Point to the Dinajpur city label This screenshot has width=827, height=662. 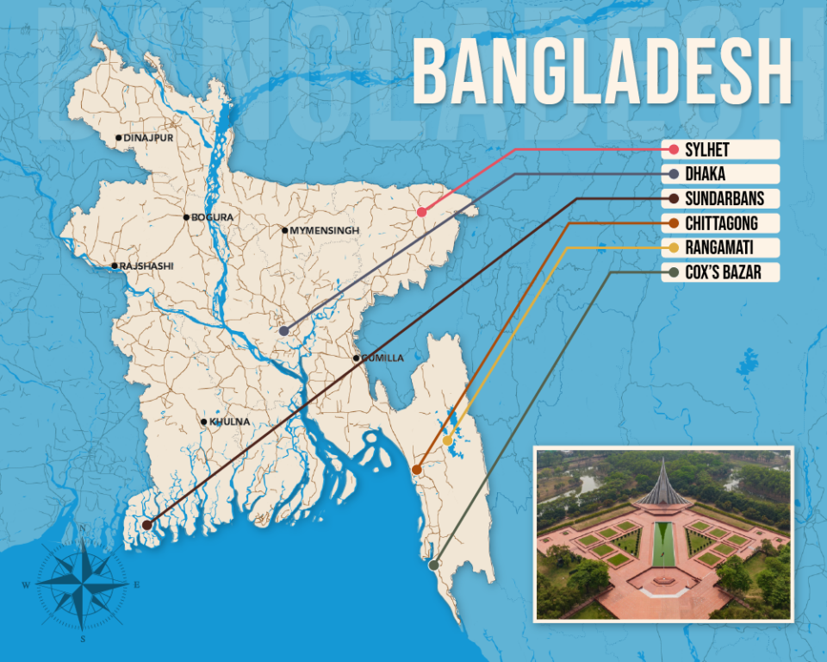point(147,138)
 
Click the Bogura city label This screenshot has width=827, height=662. point(212,217)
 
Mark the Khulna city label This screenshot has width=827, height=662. point(228,422)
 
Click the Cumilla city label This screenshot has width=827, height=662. point(382,358)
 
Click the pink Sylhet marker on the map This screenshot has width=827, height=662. point(421,212)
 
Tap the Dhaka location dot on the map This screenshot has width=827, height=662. point(283,331)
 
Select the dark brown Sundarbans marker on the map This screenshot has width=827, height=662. point(147,524)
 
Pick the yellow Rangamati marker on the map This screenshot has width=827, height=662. point(447,440)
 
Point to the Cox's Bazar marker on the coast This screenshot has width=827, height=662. point(433,565)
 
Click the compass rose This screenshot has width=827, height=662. point(83,582)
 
